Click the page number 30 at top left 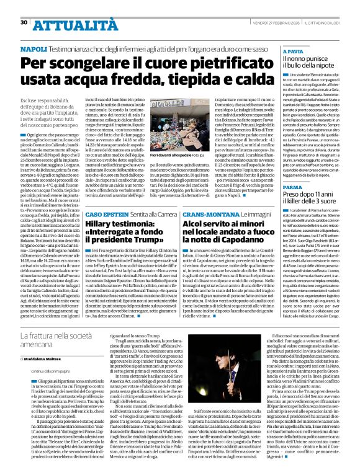pos(24,22)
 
